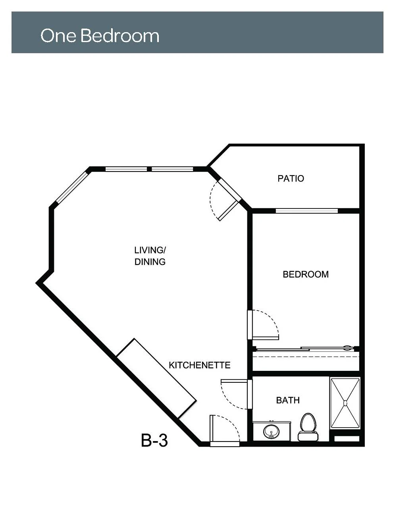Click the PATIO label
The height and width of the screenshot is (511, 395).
tap(291, 179)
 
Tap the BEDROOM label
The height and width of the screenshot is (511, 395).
tap(306, 274)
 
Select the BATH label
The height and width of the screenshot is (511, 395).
tap(288, 400)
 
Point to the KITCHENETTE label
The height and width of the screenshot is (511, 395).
tap(200, 365)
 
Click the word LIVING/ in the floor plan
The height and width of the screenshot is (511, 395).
tap(150, 250)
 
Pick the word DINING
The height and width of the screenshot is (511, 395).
tap(150, 262)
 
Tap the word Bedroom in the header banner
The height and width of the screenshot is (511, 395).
tap(120, 36)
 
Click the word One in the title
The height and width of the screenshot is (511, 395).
tap(58, 36)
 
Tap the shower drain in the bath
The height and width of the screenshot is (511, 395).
tap(345, 403)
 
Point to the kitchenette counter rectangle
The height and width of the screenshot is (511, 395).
tap(156, 378)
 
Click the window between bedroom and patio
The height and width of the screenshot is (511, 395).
tap(306, 211)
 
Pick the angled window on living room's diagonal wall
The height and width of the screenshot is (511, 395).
tap(72, 187)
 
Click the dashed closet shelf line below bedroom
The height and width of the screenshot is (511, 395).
tap(306, 357)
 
